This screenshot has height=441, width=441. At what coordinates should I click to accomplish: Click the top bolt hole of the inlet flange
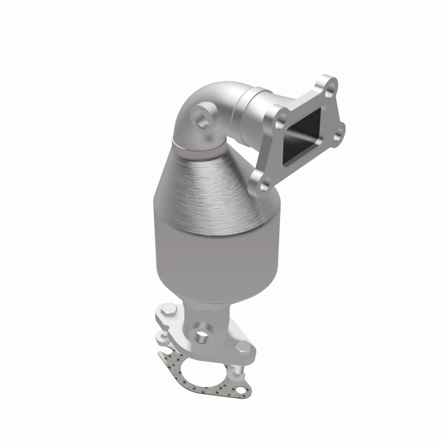[x=329, y=83]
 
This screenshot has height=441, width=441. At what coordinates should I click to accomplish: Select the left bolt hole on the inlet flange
[x=282, y=117]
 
